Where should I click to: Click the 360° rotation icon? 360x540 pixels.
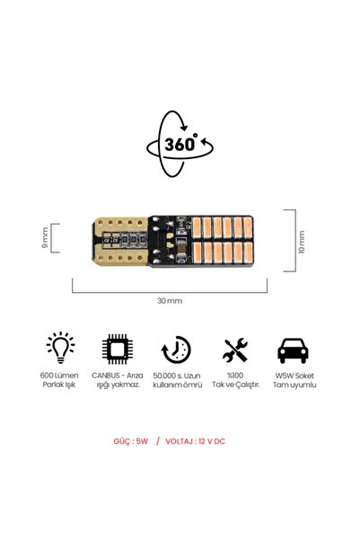(x=180, y=144)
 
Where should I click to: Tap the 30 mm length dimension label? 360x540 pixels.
(x=170, y=301)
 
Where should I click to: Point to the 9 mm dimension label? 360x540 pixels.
(x=45, y=237)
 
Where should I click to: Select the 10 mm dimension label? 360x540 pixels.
(x=302, y=242)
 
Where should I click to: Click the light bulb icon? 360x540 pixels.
(x=60, y=348)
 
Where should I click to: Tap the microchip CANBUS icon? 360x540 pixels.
(x=118, y=349)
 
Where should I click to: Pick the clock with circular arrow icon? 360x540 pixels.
(x=176, y=350)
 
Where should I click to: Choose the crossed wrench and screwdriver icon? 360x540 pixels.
(x=235, y=350)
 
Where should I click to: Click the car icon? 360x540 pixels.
(x=293, y=350)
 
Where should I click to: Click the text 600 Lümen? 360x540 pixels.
(x=59, y=376)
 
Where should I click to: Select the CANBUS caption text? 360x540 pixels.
(x=118, y=380)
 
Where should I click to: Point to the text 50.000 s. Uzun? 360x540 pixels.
(x=177, y=376)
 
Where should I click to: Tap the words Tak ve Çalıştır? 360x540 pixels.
(x=235, y=385)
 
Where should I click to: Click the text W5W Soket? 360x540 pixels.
(x=294, y=376)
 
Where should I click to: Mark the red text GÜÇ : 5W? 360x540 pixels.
(x=131, y=441)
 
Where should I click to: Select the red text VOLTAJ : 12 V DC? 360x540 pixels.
(x=195, y=441)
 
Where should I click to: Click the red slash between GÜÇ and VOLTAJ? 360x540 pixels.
(x=158, y=441)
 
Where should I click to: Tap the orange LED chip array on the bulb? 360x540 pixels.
(x=223, y=241)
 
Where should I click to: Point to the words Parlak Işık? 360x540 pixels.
(x=59, y=385)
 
